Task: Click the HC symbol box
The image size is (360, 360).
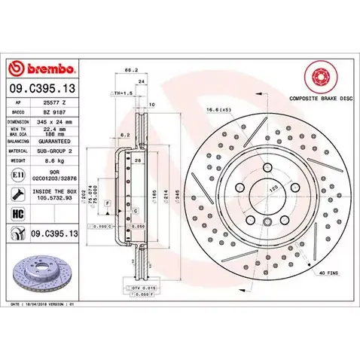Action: (x=17, y=214)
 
